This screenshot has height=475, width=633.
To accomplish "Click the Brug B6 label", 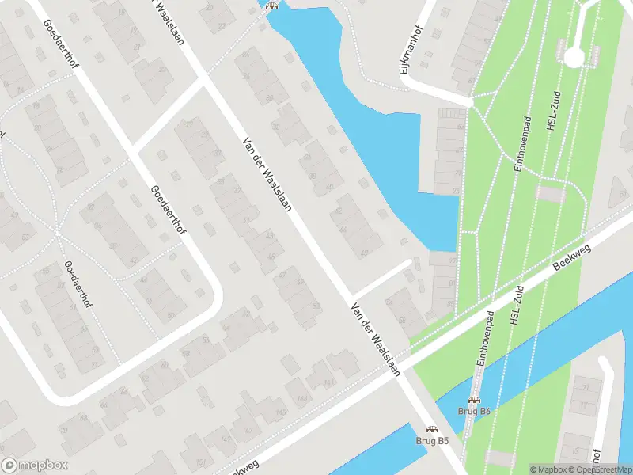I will tap(475, 412).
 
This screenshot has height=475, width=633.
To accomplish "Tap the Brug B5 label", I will tap(432, 440).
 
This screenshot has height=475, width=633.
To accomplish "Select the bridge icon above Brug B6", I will tap(475, 401).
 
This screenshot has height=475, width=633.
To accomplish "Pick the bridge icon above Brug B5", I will tap(432, 428).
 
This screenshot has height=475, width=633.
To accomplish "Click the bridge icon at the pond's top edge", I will tap(272, 5).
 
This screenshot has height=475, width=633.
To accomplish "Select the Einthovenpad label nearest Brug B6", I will tap(484, 336).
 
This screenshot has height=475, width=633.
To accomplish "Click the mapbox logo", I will tap(35, 465).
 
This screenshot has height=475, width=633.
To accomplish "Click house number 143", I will tap(301, 398).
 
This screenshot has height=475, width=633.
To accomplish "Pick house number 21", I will tap(586, 388).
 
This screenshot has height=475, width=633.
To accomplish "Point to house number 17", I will tap(586, 405).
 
